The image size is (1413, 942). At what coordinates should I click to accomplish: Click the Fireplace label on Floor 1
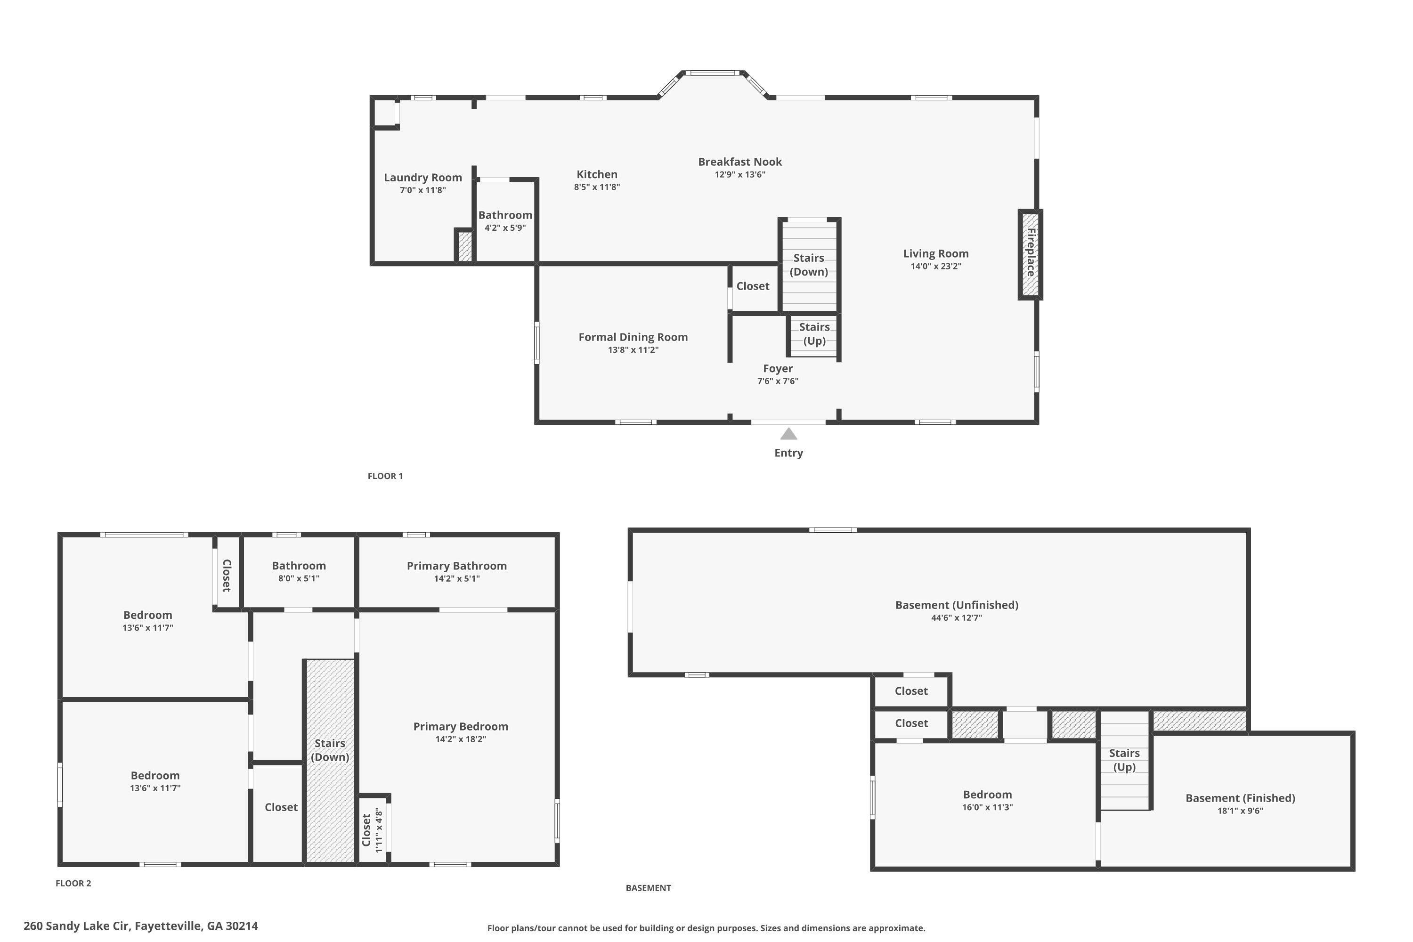coord(1031,252)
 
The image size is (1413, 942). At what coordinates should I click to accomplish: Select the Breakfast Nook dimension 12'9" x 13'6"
coord(739,175)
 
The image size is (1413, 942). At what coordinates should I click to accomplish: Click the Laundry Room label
coord(423,177)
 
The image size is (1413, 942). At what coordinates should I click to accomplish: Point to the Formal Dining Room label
coord(633,337)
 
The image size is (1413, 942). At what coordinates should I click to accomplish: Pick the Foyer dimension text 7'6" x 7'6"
coord(778,381)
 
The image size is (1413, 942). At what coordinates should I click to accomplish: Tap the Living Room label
coord(936,253)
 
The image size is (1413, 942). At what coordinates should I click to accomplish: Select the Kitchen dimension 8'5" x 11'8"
coord(597,187)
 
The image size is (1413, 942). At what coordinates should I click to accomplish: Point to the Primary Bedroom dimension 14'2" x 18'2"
coord(461,739)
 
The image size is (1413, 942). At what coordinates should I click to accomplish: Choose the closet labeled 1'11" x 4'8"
coord(372,829)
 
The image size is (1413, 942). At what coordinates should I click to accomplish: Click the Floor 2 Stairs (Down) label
coord(330,750)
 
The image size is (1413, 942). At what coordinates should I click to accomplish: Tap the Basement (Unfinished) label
coord(957,605)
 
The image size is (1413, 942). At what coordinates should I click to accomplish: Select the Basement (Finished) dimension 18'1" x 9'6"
coord(1240,811)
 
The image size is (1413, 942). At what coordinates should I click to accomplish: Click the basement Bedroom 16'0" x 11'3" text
coord(987,801)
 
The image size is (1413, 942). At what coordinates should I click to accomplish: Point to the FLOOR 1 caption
coord(385,476)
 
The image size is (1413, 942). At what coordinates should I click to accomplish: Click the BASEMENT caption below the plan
coord(648,888)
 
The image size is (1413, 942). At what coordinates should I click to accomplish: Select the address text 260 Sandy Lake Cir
coord(76,926)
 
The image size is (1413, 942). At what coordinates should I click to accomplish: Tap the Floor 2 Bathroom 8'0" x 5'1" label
coord(299,571)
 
